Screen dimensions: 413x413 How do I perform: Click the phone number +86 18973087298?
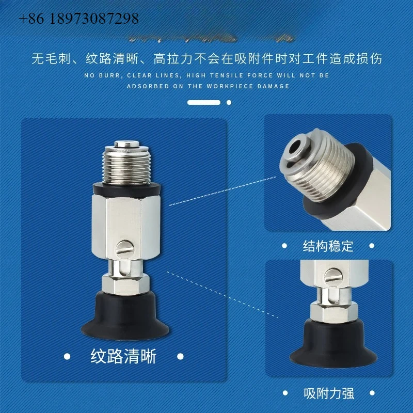79,19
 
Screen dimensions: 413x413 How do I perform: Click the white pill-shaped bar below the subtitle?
204,102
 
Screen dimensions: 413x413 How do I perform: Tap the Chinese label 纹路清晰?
123,357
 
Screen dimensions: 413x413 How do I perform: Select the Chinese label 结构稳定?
328,246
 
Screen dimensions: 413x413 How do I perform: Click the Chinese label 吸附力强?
328,394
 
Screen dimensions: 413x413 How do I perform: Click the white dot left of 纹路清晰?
67,356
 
